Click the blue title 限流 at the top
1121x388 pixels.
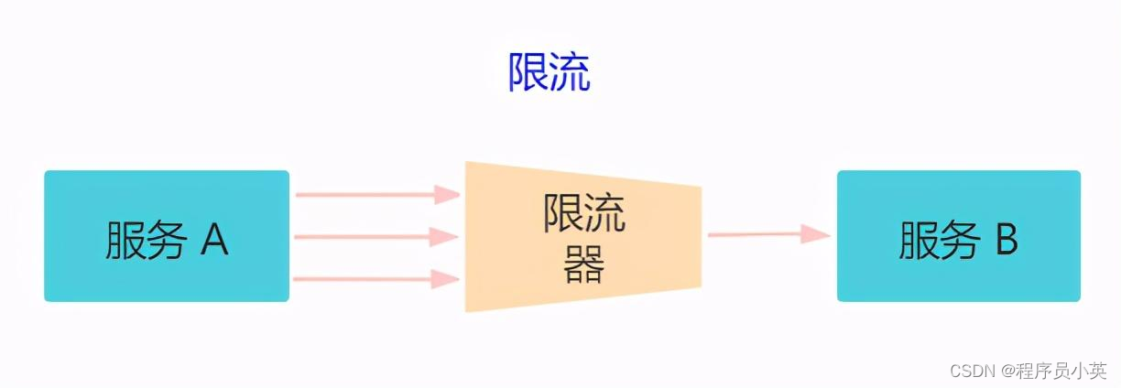pyautogui.click(x=550, y=70)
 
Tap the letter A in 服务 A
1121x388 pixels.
pyautogui.click(x=213, y=240)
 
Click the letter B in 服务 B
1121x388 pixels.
pyautogui.click(x=1007, y=240)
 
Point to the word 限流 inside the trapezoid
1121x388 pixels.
pyautogui.click(x=584, y=215)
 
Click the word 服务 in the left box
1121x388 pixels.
pyautogui.click(x=147, y=240)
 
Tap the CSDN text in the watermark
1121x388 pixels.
pyautogui.click(x=974, y=370)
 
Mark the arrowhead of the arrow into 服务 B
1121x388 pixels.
pyautogui.click(x=815, y=234)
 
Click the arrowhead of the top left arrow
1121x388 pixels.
pyautogui.click(x=447, y=194)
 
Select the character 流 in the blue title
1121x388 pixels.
pyautogui.click(x=570, y=70)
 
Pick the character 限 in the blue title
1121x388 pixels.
pyautogui.click(x=528, y=70)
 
